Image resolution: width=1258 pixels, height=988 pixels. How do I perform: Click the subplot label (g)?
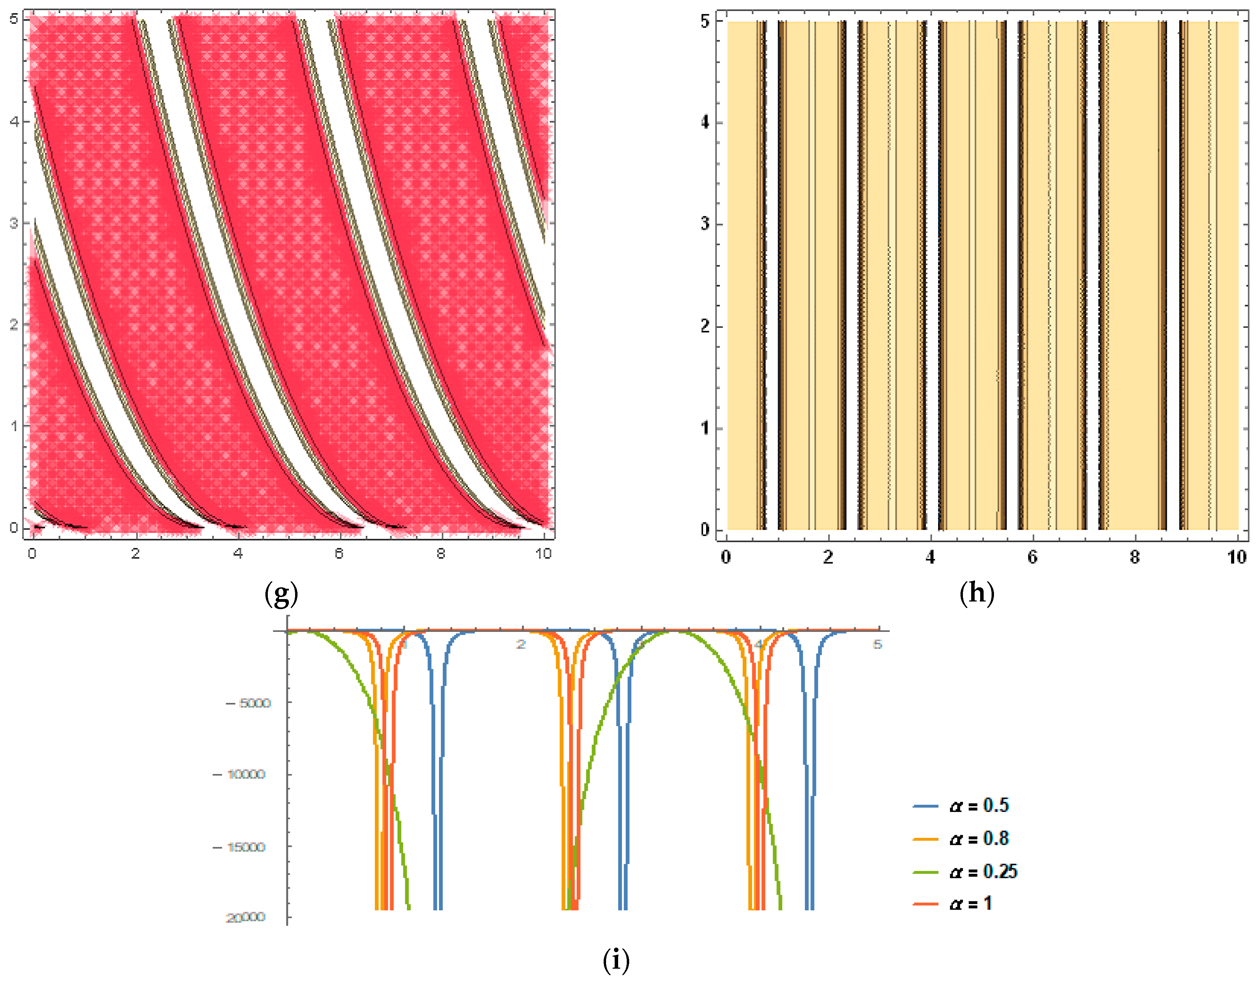coord(281,594)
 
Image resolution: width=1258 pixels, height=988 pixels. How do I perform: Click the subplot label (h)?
coord(977,594)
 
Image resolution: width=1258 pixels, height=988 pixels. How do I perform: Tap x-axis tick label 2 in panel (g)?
coord(135,554)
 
